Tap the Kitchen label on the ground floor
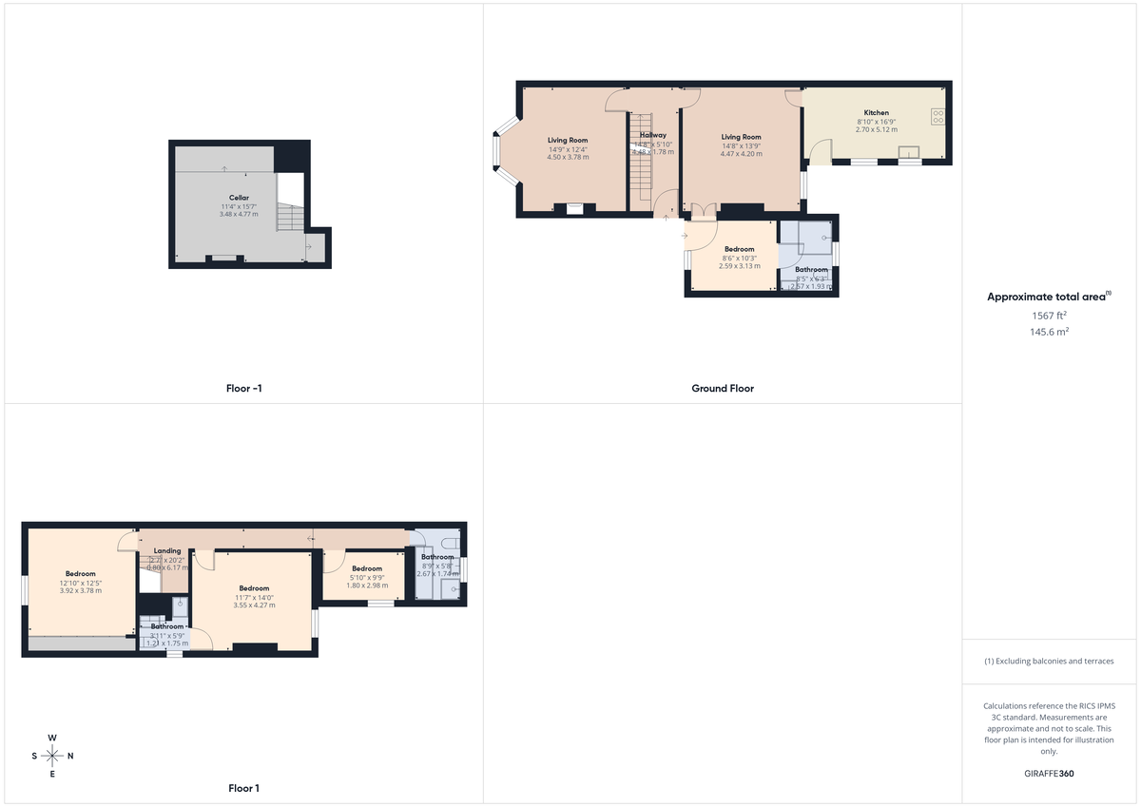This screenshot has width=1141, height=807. [x=876, y=113]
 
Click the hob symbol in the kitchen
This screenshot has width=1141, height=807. [x=938, y=117]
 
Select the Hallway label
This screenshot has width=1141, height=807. [x=652, y=135]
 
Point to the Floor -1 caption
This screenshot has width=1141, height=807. [x=244, y=389]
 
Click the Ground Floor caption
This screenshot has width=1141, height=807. [x=723, y=389]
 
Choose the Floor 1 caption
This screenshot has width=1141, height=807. [x=243, y=788]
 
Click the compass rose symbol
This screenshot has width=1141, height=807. [x=52, y=756]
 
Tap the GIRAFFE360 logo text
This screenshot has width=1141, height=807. [x=1048, y=774]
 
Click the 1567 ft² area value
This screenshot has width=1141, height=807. [x=1049, y=315]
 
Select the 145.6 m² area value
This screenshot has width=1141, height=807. [x=1049, y=332]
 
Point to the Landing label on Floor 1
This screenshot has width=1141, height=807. [x=167, y=551]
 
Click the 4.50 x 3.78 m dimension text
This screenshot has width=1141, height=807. [x=568, y=157]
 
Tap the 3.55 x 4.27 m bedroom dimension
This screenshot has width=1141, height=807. [x=254, y=605]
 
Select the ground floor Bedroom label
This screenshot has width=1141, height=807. [x=739, y=249]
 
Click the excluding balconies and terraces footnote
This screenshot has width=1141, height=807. [x=1049, y=661]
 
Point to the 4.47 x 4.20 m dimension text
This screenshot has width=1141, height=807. [x=741, y=154]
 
